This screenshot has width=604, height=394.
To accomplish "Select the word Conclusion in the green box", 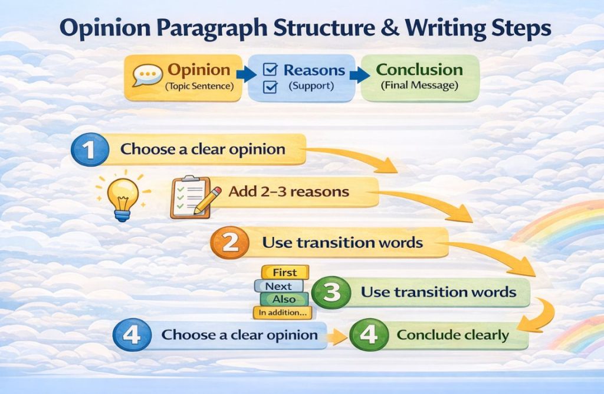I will [x=420, y=70].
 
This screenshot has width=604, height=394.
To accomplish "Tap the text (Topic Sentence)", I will [x=199, y=86].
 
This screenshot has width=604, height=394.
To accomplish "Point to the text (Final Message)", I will [x=420, y=86].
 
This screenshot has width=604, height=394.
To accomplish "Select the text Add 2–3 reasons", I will [x=289, y=192].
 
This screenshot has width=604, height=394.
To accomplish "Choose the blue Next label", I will [x=278, y=286].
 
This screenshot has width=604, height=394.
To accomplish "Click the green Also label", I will [x=284, y=299].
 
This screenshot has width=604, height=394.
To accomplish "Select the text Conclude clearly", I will [x=452, y=336].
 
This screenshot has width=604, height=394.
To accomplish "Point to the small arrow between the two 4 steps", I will [x=337, y=337].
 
